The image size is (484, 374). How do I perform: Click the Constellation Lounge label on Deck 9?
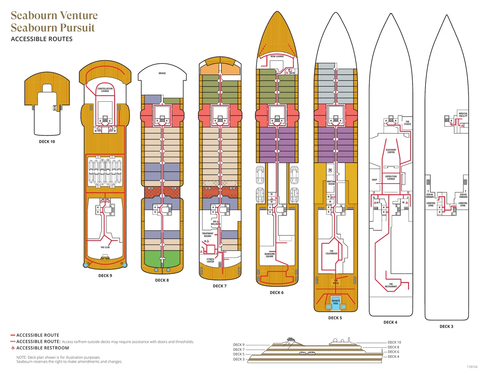(105, 90)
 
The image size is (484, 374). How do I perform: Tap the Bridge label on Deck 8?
(162, 73)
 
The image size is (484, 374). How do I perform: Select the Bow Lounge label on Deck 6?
(277, 56)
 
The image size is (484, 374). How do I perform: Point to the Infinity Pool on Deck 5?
(336, 301)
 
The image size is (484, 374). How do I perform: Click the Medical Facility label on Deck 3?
(463, 115)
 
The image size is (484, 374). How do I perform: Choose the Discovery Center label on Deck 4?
(391, 151)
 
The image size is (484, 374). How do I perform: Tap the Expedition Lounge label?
(391, 178)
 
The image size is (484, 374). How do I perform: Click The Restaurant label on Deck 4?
(390, 285)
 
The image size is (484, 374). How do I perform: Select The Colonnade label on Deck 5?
(332, 253)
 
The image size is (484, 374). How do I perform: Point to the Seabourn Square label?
(269, 255)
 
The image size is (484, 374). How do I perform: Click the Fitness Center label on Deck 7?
(210, 261)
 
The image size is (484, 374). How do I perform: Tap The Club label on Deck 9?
(105, 247)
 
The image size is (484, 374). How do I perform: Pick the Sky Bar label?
(105, 258)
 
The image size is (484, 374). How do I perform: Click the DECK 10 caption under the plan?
(47, 142)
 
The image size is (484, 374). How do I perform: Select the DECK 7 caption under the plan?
(220, 286)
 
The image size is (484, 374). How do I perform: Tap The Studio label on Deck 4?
(407, 123)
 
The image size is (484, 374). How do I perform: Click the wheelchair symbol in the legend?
(13, 348)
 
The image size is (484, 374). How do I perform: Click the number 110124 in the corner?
(472, 367)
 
